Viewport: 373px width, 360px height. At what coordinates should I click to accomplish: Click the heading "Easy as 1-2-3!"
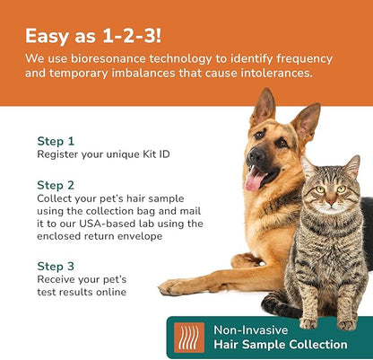(92, 35)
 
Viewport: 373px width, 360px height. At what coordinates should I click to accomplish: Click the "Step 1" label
(56, 141)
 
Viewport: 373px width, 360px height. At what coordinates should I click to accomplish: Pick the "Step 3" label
(56, 266)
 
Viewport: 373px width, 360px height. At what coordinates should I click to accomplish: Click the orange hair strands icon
(187, 338)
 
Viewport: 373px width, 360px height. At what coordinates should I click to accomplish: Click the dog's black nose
(256, 153)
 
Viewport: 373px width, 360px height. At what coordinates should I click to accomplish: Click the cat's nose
(331, 202)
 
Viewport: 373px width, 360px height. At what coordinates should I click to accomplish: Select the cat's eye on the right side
(344, 189)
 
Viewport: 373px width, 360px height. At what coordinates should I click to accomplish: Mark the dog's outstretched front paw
(178, 287)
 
